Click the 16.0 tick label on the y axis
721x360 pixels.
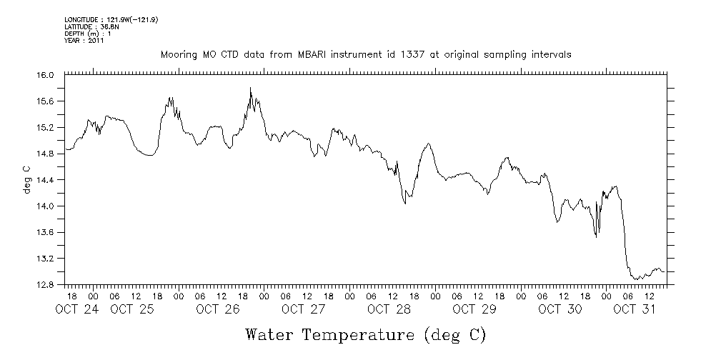coord(45,75)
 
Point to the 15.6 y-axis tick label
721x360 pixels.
coord(45,101)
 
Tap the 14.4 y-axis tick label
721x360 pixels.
coord(45,180)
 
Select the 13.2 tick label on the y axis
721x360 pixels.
coord(45,259)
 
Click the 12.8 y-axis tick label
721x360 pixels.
coord(45,284)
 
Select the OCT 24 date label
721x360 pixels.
coord(76,309)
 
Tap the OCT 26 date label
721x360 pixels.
coord(217,309)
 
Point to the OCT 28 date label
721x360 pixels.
coord(388,309)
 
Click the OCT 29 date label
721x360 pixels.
coord(474,309)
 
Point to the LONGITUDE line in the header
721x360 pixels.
coord(111,20)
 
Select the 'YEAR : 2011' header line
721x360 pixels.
coord(84,41)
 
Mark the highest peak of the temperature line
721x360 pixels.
coord(250,88)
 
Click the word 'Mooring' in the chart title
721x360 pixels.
coord(178,55)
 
